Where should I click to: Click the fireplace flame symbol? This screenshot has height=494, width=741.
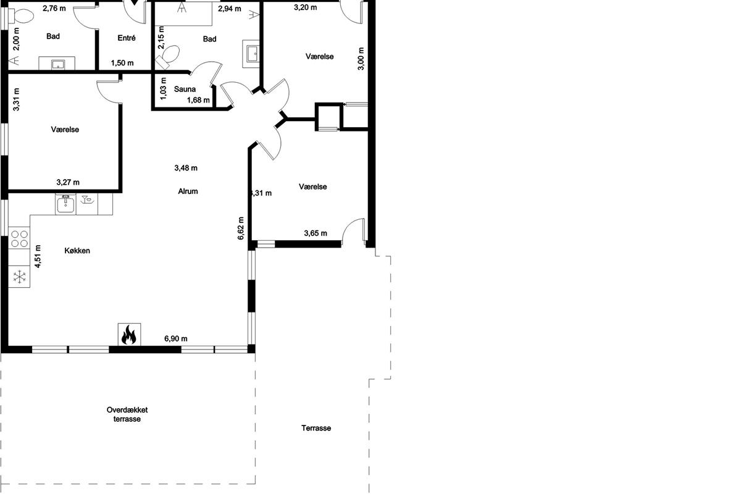129,335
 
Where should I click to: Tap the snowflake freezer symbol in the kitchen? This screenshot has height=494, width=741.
20,277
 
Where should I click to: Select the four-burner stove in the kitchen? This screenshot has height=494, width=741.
19,239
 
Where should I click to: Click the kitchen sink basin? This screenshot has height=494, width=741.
65,204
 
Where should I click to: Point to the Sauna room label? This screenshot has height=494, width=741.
185,89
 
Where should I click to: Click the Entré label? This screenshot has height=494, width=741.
127,38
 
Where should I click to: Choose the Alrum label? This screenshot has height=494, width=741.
188,191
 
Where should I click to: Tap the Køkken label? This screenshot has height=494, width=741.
77,251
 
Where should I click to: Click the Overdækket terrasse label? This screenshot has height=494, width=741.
127,414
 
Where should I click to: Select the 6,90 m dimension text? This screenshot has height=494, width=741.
176,338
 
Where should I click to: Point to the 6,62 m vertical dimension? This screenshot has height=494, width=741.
240,228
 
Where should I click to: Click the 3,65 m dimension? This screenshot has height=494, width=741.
316,233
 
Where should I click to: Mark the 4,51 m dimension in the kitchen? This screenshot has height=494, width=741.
38,256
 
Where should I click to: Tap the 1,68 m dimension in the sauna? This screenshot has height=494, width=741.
198,100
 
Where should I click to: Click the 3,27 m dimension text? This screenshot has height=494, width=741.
68,182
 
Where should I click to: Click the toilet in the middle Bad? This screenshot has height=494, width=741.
168,57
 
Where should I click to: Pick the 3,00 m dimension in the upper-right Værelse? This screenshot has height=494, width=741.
361,59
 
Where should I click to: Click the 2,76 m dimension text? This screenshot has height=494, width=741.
54,8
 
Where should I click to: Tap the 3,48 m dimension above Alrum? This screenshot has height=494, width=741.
186,168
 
